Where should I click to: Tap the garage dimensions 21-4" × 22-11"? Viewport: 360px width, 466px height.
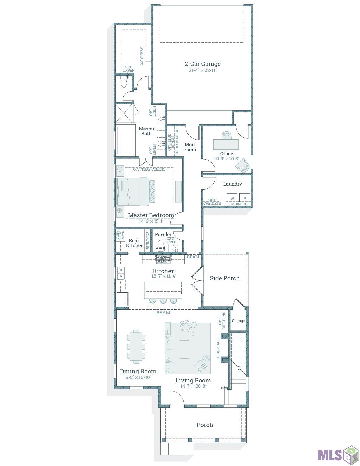203,70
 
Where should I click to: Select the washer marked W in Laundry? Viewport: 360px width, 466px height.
232,198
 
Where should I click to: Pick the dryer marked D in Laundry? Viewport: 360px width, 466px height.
245,198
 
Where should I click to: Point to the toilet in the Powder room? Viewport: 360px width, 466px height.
160,246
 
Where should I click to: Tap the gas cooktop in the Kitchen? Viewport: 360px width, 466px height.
163,259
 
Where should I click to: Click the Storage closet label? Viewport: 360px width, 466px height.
238,321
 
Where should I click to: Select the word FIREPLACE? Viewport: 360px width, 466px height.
218,348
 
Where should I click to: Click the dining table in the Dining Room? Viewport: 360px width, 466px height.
136,347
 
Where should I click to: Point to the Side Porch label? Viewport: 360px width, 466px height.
225,278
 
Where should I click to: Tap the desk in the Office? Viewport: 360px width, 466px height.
226,145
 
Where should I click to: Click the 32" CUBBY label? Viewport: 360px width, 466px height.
142,56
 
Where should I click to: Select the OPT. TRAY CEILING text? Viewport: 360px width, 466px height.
149,169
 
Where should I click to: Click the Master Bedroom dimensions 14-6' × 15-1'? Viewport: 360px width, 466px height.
151,221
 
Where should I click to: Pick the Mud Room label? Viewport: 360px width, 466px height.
189,147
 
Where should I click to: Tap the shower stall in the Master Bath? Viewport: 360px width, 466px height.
124,114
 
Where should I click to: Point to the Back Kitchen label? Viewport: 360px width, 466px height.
135,243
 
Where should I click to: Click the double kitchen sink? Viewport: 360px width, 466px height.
121,273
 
